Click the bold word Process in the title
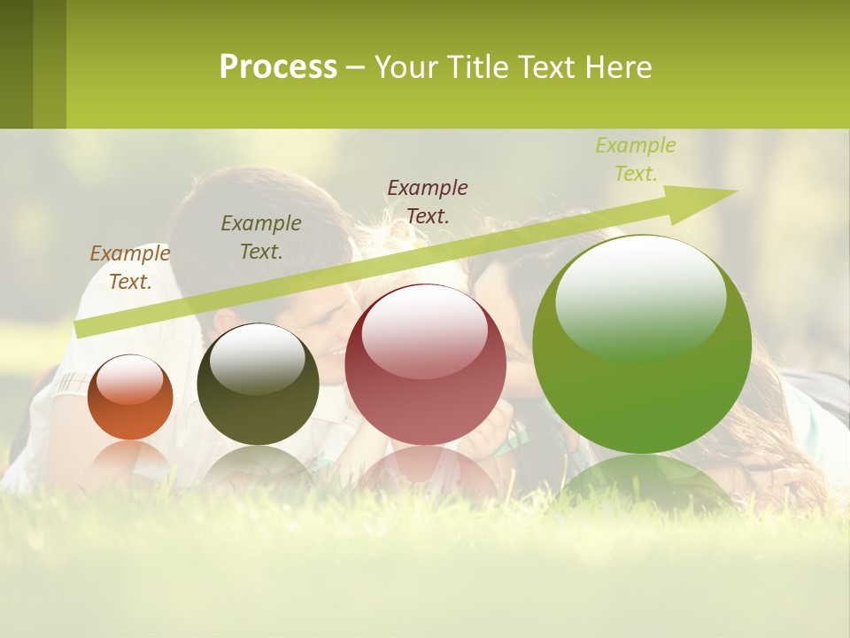click(x=278, y=67)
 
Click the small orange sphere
click(x=130, y=398)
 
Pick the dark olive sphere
click(x=258, y=385)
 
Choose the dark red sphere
click(x=425, y=365)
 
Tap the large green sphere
click(x=642, y=345)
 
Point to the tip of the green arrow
click(x=736, y=191)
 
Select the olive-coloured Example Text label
click(x=261, y=237)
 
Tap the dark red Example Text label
click(x=428, y=201)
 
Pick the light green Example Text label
click(x=636, y=159)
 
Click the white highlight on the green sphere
click(x=640, y=296)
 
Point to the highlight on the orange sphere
click(x=130, y=379)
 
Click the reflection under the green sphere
click(x=642, y=483)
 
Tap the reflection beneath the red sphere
click(x=427, y=470)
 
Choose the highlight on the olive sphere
click(x=258, y=357)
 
